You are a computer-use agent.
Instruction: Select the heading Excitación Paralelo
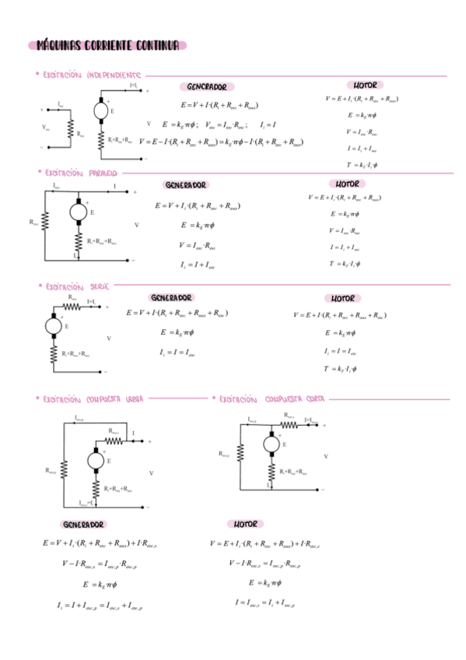[x=81, y=172]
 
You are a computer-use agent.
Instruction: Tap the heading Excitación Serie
[x=77, y=286]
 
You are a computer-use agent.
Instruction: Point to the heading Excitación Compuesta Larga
[x=93, y=398]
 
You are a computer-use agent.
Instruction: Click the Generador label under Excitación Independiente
[x=206, y=86]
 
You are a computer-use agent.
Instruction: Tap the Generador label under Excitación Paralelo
[x=186, y=185]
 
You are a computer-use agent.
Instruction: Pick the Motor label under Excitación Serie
[x=342, y=298]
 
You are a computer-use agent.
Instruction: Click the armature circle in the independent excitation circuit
[x=102, y=111]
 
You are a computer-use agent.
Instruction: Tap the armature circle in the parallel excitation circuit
[x=79, y=211]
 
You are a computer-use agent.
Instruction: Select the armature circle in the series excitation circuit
[x=54, y=325]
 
